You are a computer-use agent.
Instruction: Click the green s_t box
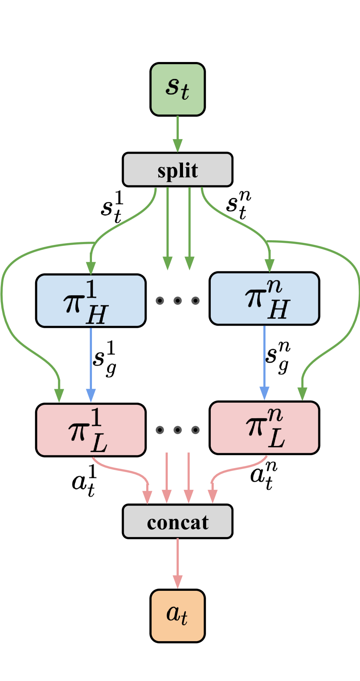tap(177, 89)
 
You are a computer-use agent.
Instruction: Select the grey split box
tap(177, 169)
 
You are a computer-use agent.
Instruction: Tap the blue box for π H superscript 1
tap(91, 300)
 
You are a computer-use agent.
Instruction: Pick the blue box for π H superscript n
tap(264, 298)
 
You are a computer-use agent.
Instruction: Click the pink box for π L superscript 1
tap(91, 430)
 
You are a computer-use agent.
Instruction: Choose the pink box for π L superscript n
tap(264, 428)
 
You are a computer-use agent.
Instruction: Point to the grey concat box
tap(177, 521)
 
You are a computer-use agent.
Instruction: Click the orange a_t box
tap(177, 616)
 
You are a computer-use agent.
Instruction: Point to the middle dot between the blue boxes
tap(177, 300)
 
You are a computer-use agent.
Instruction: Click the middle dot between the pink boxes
tap(177, 430)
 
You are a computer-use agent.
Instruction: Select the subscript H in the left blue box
tap(97, 316)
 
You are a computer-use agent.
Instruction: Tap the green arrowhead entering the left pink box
tap(59, 395)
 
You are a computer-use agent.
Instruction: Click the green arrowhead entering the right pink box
tap(302, 394)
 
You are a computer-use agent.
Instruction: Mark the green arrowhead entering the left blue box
tap(91, 267)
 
